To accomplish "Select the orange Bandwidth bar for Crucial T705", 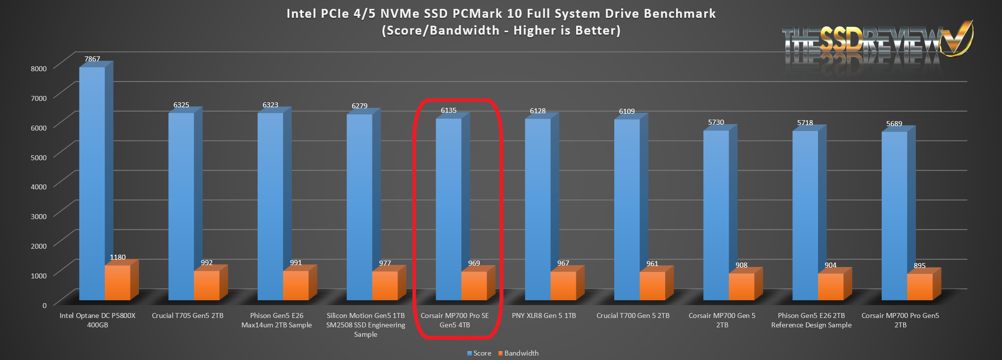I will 207,285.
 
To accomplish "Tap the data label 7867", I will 92,59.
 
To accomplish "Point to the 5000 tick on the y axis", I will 39,157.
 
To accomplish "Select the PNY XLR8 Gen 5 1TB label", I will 544,315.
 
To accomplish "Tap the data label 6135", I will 449,110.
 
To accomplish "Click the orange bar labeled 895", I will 919,287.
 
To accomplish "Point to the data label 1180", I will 118,257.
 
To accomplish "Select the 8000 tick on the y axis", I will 39,68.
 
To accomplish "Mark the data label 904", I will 830,265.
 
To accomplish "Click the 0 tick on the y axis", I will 44,305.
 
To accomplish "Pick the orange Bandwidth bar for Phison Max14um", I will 296,285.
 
